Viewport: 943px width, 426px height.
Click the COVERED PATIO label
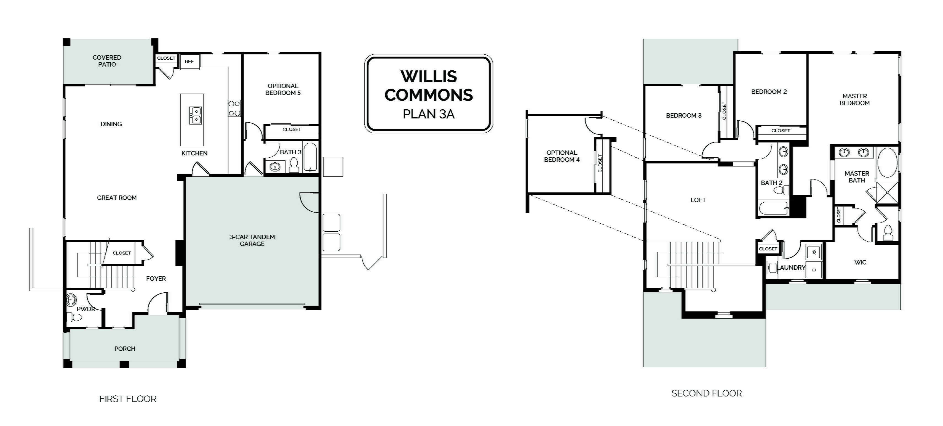[107, 61]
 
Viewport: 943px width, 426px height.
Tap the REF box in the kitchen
[189, 62]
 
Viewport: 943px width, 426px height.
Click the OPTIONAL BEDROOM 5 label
[283, 89]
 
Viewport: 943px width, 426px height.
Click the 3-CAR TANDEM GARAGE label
[252, 240]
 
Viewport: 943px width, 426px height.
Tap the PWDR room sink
[71, 300]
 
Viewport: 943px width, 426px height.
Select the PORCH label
[125, 349]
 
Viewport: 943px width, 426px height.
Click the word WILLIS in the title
[429, 76]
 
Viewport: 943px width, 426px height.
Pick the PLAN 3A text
[429, 114]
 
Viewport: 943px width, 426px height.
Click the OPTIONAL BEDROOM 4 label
[562, 156]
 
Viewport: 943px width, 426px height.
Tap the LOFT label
[698, 200]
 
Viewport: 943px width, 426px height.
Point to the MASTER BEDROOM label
[854, 100]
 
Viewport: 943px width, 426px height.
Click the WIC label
[860, 262]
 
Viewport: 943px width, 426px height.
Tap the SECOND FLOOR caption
[707, 393]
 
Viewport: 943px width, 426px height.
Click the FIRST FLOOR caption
[128, 399]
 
